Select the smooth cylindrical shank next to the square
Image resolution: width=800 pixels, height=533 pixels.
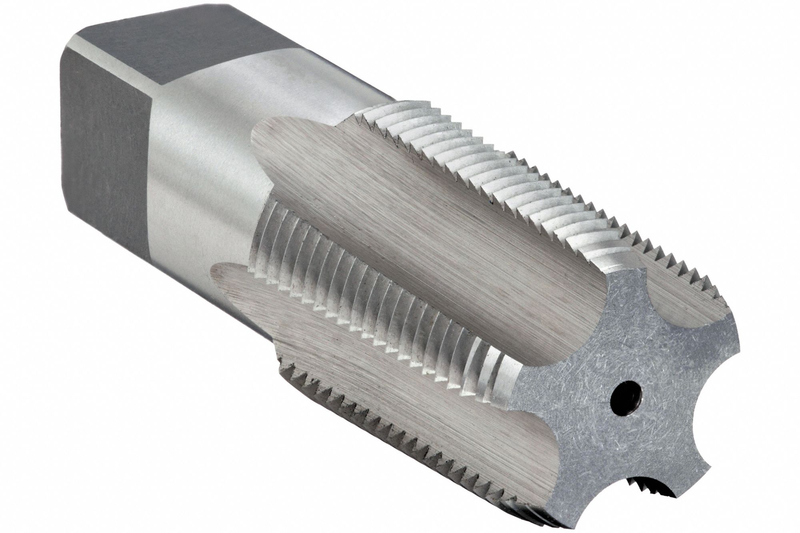208,160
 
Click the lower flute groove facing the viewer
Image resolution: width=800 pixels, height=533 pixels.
360,400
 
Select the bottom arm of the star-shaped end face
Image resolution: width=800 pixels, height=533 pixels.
560,495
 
